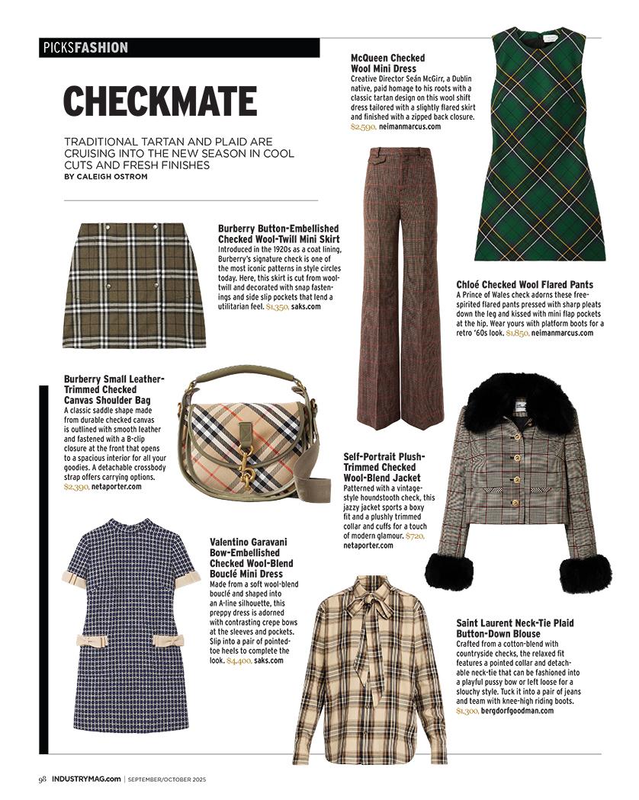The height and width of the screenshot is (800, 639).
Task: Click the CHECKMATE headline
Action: [159, 101]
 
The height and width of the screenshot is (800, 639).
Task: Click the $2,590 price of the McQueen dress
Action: [363, 127]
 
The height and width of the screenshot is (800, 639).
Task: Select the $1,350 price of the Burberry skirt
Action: [277, 306]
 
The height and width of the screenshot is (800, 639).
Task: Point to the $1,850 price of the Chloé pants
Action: [516, 333]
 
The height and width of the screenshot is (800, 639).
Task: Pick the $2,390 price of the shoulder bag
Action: [76, 486]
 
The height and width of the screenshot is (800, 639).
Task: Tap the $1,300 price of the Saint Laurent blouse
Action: [467, 711]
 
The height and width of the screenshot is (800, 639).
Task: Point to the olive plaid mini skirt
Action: [134, 285]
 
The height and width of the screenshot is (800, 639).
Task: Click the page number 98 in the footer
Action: [43, 779]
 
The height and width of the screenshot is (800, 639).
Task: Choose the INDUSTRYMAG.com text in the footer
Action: [85, 779]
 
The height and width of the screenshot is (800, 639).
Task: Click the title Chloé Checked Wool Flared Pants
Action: [525, 284]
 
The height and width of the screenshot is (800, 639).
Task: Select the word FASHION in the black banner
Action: [101, 48]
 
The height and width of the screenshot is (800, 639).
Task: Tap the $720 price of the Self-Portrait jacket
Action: [414, 536]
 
